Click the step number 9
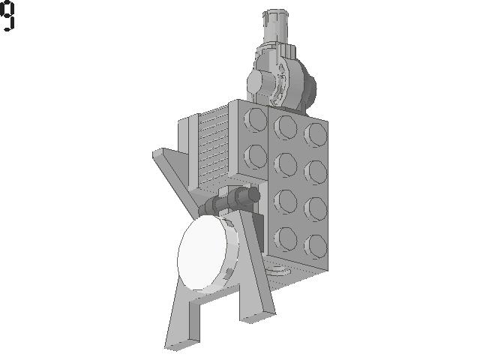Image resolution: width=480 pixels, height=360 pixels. click(x=7, y=16)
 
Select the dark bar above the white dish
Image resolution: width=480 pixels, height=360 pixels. click(x=229, y=200)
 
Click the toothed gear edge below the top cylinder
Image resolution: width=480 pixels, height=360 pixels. click(x=289, y=50)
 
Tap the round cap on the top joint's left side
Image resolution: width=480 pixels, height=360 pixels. click(x=253, y=82)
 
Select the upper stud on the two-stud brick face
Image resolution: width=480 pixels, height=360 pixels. click(x=255, y=120)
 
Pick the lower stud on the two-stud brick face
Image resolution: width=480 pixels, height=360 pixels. click(x=255, y=157)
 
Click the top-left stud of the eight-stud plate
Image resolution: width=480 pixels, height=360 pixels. click(x=285, y=127)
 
